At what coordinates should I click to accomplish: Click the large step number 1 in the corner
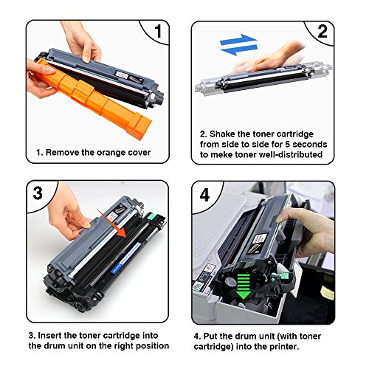pyautogui.click(x=158, y=31)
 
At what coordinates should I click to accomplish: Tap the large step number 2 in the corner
pyautogui.click(x=323, y=31)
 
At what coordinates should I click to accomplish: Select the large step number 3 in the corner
pyautogui.click(x=38, y=193)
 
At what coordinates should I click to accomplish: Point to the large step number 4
pyautogui.click(x=204, y=195)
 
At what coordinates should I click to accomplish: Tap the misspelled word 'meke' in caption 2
pyautogui.click(x=221, y=155)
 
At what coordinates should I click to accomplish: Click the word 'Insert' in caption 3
pyautogui.click(x=49, y=336)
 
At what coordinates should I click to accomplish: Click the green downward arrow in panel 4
pyautogui.click(x=244, y=286)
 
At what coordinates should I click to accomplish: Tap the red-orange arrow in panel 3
pyautogui.click(x=112, y=224)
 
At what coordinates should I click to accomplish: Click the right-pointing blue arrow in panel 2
pyautogui.click(x=238, y=39)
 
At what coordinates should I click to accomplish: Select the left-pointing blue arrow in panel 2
pyautogui.click(x=238, y=50)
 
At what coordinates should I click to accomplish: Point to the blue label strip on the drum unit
pyautogui.click(x=126, y=258)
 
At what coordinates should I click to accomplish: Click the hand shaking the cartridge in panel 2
pyautogui.click(x=272, y=58)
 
